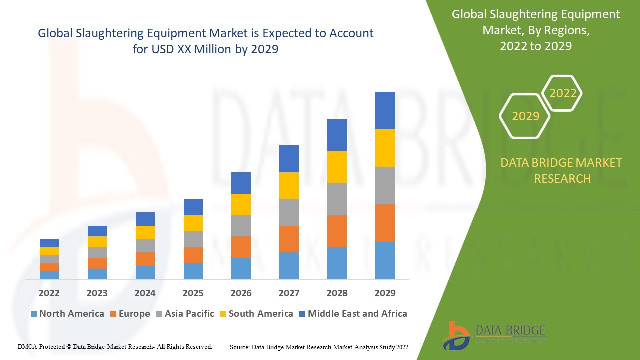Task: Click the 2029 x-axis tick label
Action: tap(385, 293)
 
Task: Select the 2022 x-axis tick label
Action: tap(49, 293)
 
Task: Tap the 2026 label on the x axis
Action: tap(241, 293)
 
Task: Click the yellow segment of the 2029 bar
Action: tap(385, 148)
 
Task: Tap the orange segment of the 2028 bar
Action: tap(337, 231)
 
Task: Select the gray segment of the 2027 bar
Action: tap(289, 212)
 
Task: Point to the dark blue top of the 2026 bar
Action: tap(241, 183)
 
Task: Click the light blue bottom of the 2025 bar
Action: tap(193, 271)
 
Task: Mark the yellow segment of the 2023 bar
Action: tap(97, 242)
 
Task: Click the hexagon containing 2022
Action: tap(562, 93)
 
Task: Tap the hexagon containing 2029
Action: tap(525, 116)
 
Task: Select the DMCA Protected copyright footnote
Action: tap(115, 346)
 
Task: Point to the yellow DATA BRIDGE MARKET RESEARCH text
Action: tap(561, 170)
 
